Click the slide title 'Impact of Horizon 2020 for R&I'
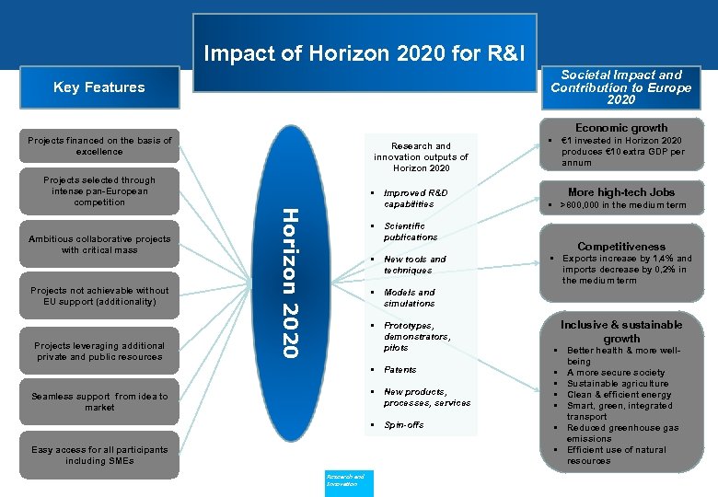[364, 53]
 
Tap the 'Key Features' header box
[98, 87]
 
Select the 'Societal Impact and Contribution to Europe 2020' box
[620, 87]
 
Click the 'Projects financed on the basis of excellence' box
[99, 145]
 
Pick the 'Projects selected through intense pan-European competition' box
[99, 191]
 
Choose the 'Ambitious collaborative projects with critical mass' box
[99, 244]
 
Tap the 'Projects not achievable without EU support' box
[99, 295]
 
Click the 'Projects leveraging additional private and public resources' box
[99, 351]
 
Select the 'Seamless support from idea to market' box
[99, 401]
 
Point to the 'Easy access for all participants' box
[99, 455]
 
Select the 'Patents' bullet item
[400, 370]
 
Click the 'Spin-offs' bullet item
[403, 425]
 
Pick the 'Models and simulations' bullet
[409, 297]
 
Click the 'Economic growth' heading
[621, 128]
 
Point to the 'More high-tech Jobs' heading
[621, 192]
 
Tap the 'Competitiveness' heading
[621, 247]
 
